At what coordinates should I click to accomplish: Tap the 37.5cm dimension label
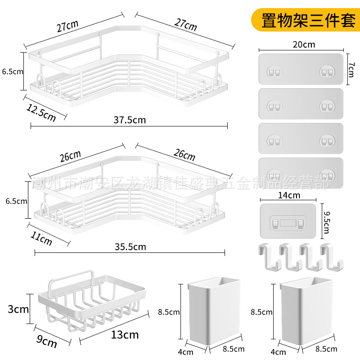click(129, 120)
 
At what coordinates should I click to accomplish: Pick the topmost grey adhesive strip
click(301, 69)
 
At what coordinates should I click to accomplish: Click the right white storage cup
click(305, 314)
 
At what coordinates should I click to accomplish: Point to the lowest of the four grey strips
click(301, 173)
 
